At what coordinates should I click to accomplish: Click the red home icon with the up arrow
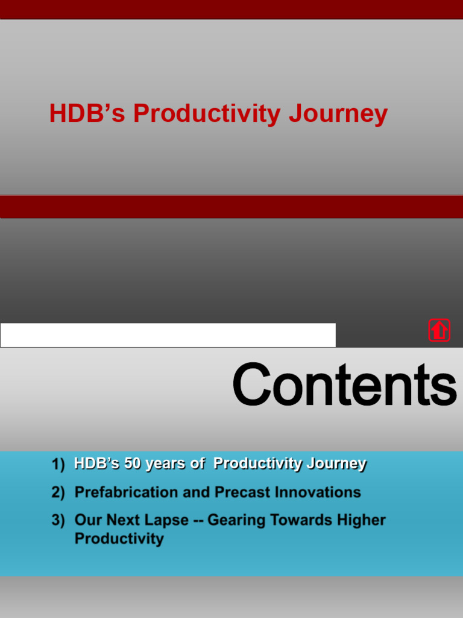click(x=439, y=330)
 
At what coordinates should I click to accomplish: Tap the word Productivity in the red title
click(x=207, y=113)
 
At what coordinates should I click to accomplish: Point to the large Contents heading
click(x=344, y=385)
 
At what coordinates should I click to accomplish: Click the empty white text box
click(x=168, y=335)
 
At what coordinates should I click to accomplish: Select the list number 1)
click(x=58, y=464)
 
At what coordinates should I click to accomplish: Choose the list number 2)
click(x=58, y=492)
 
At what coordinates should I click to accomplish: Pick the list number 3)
click(x=58, y=520)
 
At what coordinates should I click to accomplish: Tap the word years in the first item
click(x=166, y=463)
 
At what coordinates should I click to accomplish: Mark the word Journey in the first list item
click(x=336, y=463)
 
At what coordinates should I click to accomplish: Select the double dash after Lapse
click(x=198, y=520)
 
